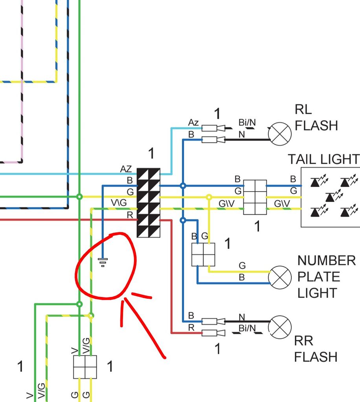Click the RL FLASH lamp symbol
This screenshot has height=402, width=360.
(280, 134)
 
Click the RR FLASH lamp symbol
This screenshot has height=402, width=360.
(280, 327)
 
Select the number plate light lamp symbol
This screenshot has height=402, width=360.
(280, 277)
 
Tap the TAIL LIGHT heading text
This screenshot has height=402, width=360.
(323, 159)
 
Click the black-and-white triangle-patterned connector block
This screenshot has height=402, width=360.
(149, 203)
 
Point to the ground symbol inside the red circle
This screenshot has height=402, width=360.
(103, 261)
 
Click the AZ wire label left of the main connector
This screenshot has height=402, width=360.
(126, 169)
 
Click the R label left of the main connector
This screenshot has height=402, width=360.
(130, 214)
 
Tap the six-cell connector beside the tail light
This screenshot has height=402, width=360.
(255, 197)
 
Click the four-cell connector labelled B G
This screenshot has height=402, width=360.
(203, 254)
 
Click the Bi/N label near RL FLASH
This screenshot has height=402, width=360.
(247, 122)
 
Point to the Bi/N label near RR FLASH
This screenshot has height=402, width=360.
(247, 328)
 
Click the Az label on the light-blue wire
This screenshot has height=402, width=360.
(193, 122)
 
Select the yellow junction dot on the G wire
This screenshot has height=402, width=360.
(209, 197)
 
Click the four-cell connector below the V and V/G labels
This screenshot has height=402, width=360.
(85, 367)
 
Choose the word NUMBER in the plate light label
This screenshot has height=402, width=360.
(326, 260)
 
